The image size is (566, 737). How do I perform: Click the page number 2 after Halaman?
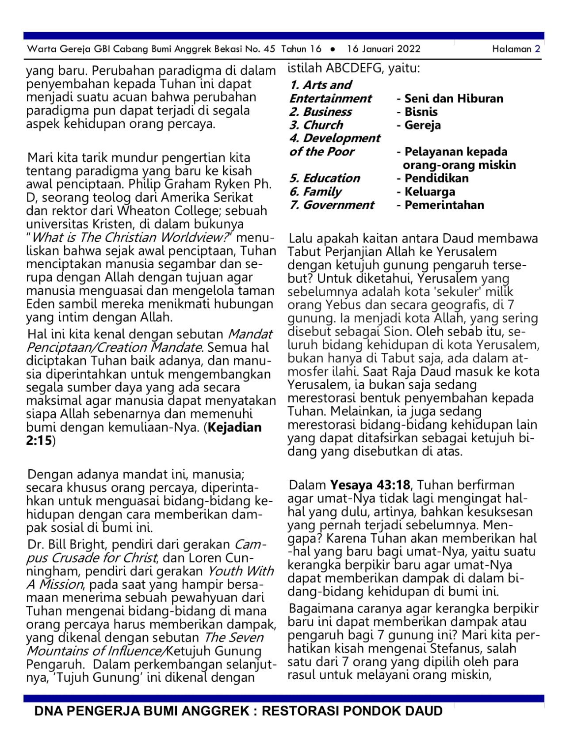(537, 49)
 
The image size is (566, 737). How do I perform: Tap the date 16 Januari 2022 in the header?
(383, 49)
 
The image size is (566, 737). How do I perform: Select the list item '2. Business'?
(321, 112)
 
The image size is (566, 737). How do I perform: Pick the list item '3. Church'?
(316, 125)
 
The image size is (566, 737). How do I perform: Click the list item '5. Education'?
(325, 178)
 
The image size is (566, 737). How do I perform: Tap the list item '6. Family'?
(315, 192)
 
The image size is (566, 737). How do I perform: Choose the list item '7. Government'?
(332, 205)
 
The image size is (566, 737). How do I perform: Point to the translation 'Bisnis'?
(421, 112)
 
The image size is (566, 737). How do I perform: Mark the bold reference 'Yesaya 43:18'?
(370, 485)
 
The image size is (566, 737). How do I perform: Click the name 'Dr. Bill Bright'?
(67, 544)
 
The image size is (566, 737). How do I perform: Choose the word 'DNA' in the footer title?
(49, 711)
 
